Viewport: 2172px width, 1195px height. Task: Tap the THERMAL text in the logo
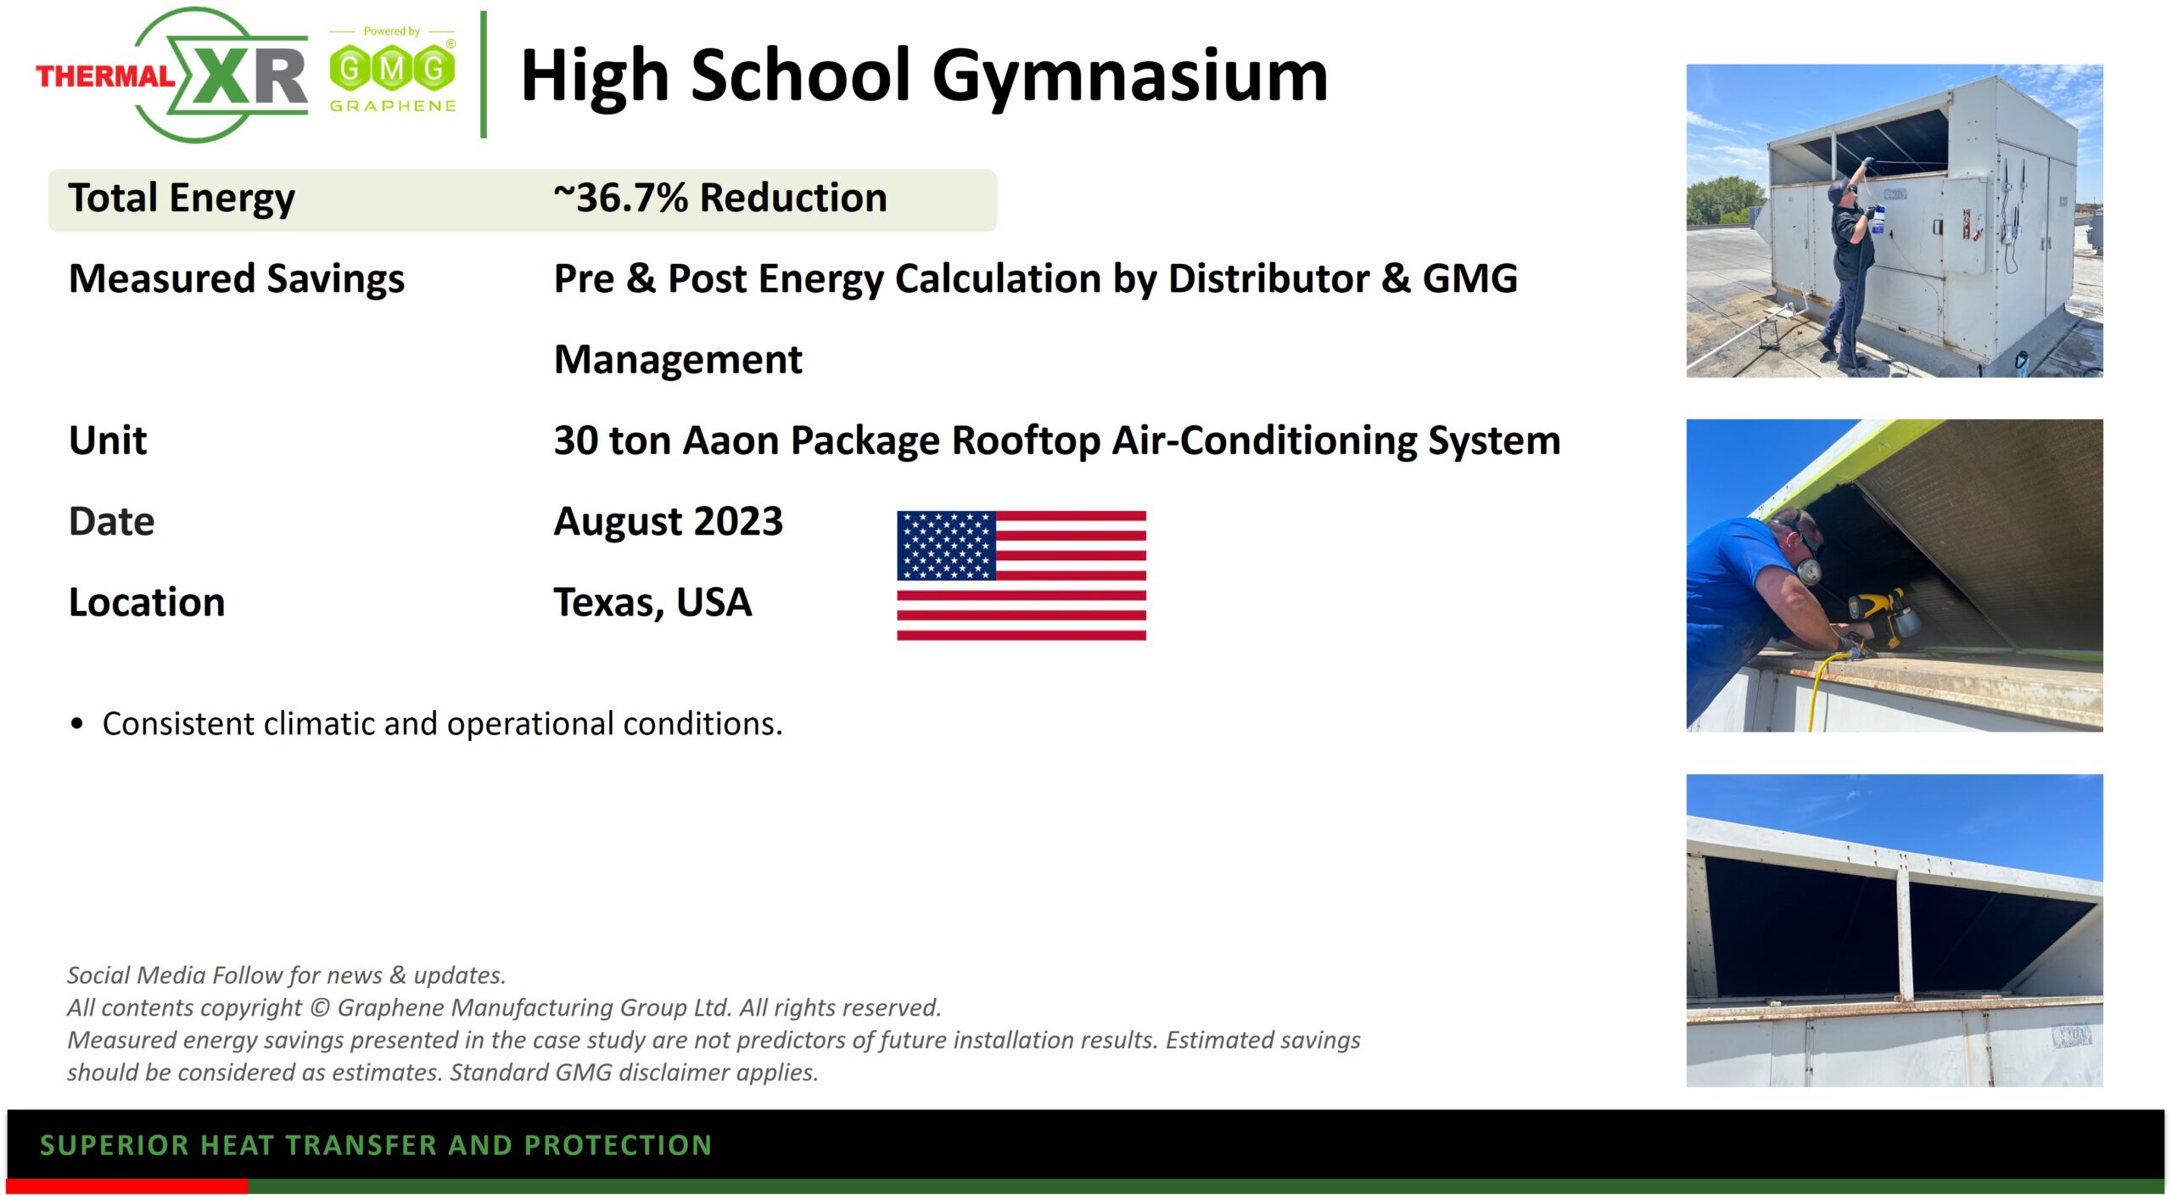pos(105,76)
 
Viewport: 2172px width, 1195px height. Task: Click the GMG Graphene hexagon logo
pos(392,69)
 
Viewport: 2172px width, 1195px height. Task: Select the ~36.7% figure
pos(621,198)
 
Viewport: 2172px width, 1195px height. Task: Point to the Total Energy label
pos(182,199)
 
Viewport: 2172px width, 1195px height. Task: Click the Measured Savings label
pos(237,279)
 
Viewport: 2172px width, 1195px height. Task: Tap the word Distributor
pos(1268,278)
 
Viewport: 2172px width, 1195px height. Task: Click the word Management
pos(678,360)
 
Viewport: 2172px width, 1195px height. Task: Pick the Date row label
pos(112,521)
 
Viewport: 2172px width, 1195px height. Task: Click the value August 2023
pos(669,521)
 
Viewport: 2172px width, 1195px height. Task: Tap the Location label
pos(147,603)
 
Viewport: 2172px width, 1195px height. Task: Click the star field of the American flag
pos(946,546)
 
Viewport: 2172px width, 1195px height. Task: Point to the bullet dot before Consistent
pos(78,724)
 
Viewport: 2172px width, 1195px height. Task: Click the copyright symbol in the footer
pos(320,1007)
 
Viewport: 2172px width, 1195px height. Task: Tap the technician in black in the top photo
pos(1850,263)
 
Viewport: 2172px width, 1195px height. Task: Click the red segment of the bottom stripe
pos(127,1186)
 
